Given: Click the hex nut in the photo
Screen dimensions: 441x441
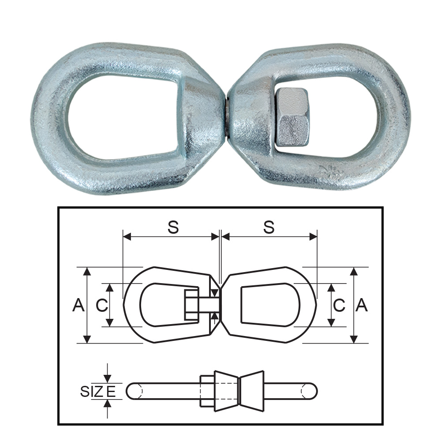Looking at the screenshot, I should (x=293, y=116).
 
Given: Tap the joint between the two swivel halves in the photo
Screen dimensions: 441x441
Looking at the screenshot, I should (x=226, y=117).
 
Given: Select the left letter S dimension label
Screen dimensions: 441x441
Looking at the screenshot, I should (x=173, y=228).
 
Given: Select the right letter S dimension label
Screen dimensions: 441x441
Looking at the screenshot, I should (x=269, y=228).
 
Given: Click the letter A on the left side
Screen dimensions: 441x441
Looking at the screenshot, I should (x=78, y=305).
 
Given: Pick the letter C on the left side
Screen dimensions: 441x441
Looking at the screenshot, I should (x=101, y=305).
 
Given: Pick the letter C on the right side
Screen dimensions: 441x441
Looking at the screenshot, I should (x=339, y=305).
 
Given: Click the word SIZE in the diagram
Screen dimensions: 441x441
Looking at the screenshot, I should (x=98, y=391).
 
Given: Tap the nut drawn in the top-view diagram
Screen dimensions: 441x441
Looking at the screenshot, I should (x=191, y=305).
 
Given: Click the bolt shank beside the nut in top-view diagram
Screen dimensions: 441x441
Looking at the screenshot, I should (x=209, y=305).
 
